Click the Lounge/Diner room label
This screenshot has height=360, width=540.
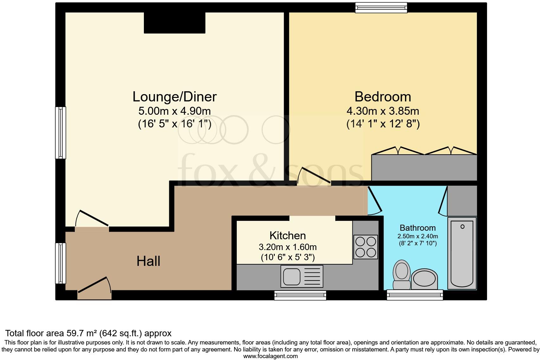(x=174, y=97)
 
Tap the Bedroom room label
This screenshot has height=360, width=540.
(x=382, y=97)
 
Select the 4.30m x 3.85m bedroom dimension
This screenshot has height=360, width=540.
(x=382, y=111)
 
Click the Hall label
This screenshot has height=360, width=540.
(x=148, y=261)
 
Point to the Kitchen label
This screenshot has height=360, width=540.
(x=287, y=235)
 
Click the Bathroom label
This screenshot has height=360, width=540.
(x=417, y=228)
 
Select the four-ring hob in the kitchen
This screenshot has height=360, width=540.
(x=366, y=247)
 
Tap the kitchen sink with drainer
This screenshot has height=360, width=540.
(x=302, y=276)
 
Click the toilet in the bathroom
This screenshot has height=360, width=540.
(x=401, y=274)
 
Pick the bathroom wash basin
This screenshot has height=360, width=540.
(x=425, y=280)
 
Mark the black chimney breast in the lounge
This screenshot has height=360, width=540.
(x=175, y=22)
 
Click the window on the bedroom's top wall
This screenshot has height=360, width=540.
(x=381, y=8)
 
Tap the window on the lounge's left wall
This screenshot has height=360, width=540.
(x=61, y=132)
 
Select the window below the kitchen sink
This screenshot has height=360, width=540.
(x=300, y=295)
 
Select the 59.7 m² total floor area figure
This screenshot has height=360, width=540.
(x=82, y=333)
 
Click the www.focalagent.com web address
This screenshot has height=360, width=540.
(x=270, y=356)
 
